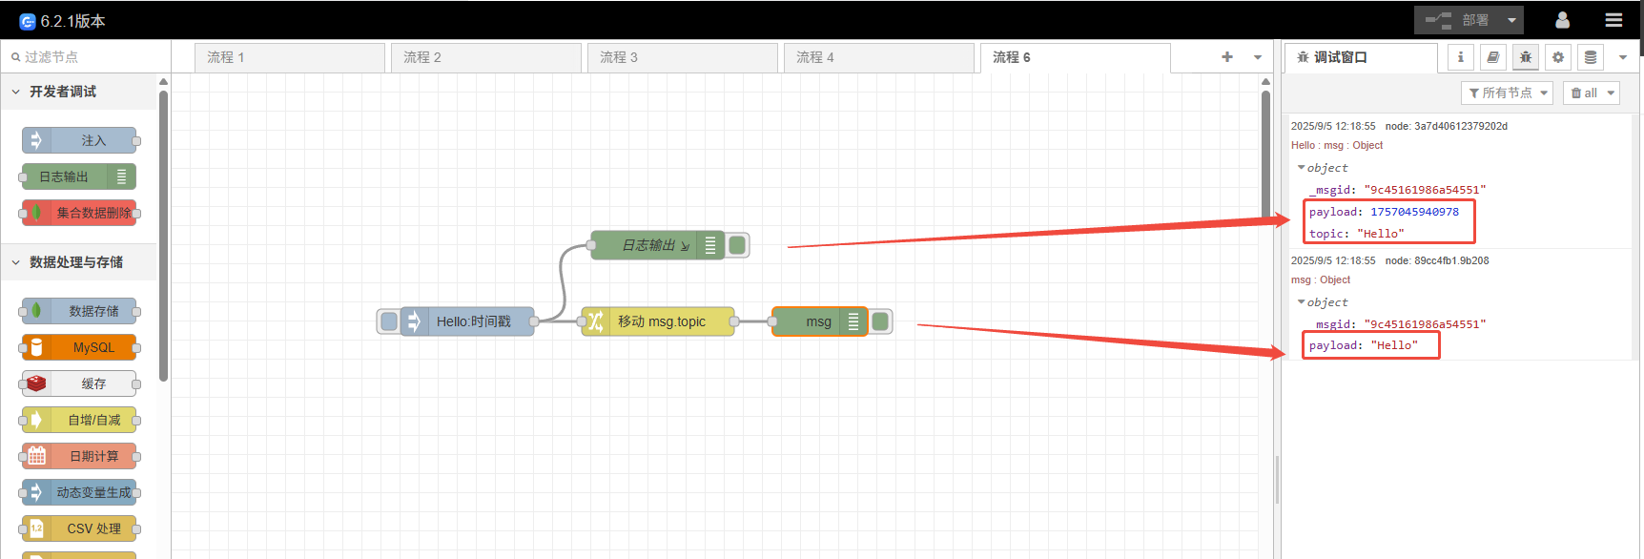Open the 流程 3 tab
tap(681, 57)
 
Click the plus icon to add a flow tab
tap(1227, 57)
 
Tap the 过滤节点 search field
tap(86, 57)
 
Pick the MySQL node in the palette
tap(80, 347)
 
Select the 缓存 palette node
tap(80, 383)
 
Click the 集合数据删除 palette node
tap(80, 213)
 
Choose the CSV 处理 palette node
tap(80, 528)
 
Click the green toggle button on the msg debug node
tap(881, 321)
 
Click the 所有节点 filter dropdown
tap(1507, 93)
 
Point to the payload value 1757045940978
tap(1414, 212)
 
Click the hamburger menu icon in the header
tap(1613, 20)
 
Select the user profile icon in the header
tap(1562, 20)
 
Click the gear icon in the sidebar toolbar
tap(1558, 57)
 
